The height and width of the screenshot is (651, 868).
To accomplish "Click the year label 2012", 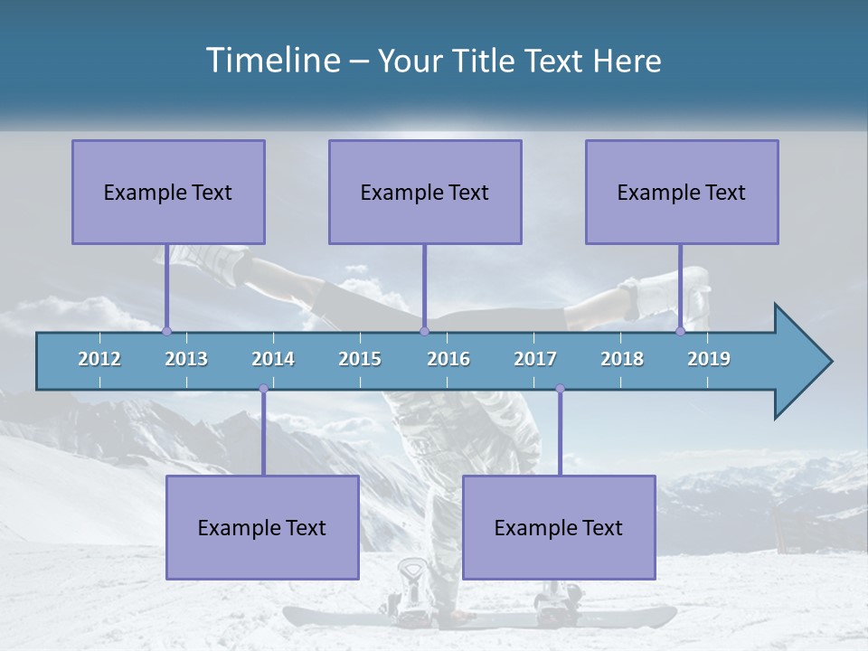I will pyautogui.click(x=99, y=359).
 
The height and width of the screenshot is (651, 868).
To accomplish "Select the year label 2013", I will pyautogui.click(x=186, y=359).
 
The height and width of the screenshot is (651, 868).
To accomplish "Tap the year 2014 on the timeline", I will pyautogui.click(x=273, y=359).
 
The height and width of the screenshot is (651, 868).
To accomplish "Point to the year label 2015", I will pyautogui.click(x=360, y=359).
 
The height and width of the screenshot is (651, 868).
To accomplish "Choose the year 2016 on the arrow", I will pyautogui.click(x=448, y=359).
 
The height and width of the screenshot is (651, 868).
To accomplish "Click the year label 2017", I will pyautogui.click(x=535, y=359).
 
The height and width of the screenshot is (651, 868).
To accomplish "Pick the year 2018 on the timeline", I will pyautogui.click(x=622, y=359).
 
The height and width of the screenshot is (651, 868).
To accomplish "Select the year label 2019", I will pyautogui.click(x=709, y=359).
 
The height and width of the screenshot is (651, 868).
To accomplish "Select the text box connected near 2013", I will pyautogui.click(x=168, y=192).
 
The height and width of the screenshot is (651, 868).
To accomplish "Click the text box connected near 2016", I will pyautogui.click(x=425, y=192).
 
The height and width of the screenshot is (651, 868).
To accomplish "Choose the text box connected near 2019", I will pyautogui.click(x=682, y=192).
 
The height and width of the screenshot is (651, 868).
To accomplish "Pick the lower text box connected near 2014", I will pyautogui.click(x=262, y=527).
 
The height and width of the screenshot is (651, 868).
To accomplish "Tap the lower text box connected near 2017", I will pyautogui.click(x=559, y=527).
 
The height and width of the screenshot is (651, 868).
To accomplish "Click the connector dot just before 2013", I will pyautogui.click(x=166, y=331).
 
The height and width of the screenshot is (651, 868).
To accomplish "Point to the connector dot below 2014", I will pyautogui.click(x=263, y=389).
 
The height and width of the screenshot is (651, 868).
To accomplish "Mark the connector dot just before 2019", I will pyautogui.click(x=680, y=331).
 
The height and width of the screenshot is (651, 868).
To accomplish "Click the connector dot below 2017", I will pyautogui.click(x=560, y=389).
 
